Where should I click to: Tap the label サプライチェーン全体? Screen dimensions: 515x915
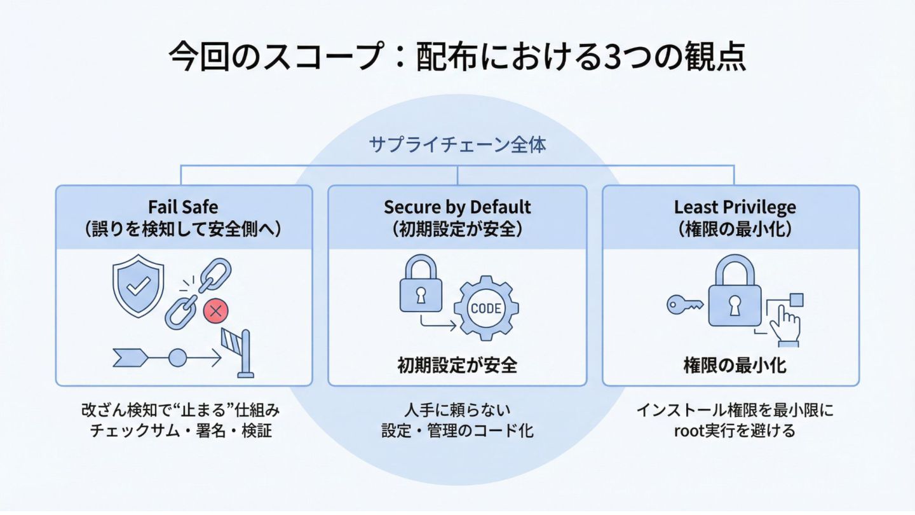click(457, 145)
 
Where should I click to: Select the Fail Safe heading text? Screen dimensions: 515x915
click(183, 207)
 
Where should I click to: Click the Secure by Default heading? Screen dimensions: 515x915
click(457, 207)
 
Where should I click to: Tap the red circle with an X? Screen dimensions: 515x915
click(215, 312)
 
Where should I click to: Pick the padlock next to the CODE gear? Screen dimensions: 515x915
click(420, 287)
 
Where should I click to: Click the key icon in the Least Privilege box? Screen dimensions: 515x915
click(684, 305)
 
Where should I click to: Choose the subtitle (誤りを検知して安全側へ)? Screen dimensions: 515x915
click(183, 229)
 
